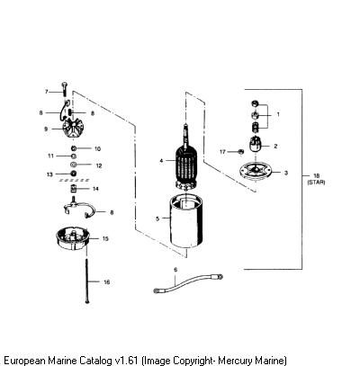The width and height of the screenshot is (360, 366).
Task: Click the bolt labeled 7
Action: click(65, 88)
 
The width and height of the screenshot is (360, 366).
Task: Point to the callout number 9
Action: click(46, 129)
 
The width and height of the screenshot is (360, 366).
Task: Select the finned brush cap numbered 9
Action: click(72, 129)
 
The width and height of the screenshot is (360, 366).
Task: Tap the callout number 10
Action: click(97, 148)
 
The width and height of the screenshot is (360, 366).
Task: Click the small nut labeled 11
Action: click(73, 156)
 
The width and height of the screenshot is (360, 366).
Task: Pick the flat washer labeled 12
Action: click(74, 165)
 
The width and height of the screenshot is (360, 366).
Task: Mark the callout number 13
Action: click(49, 174)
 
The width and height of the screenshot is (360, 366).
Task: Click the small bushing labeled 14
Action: click(74, 189)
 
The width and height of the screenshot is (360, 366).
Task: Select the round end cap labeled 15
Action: click(73, 238)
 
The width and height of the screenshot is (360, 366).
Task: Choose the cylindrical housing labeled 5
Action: click(186, 221)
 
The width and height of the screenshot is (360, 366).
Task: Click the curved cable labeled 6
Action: click(188, 282)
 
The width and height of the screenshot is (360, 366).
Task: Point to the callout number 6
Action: click(175, 270)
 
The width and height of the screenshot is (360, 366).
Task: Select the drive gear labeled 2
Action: click(256, 145)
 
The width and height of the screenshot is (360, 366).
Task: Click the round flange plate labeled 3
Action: click(256, 172)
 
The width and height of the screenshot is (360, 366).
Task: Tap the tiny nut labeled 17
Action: click(240, 152)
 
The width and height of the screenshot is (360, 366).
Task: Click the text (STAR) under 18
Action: click(316, 183)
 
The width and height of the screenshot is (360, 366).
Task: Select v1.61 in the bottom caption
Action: click(127, 360)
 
